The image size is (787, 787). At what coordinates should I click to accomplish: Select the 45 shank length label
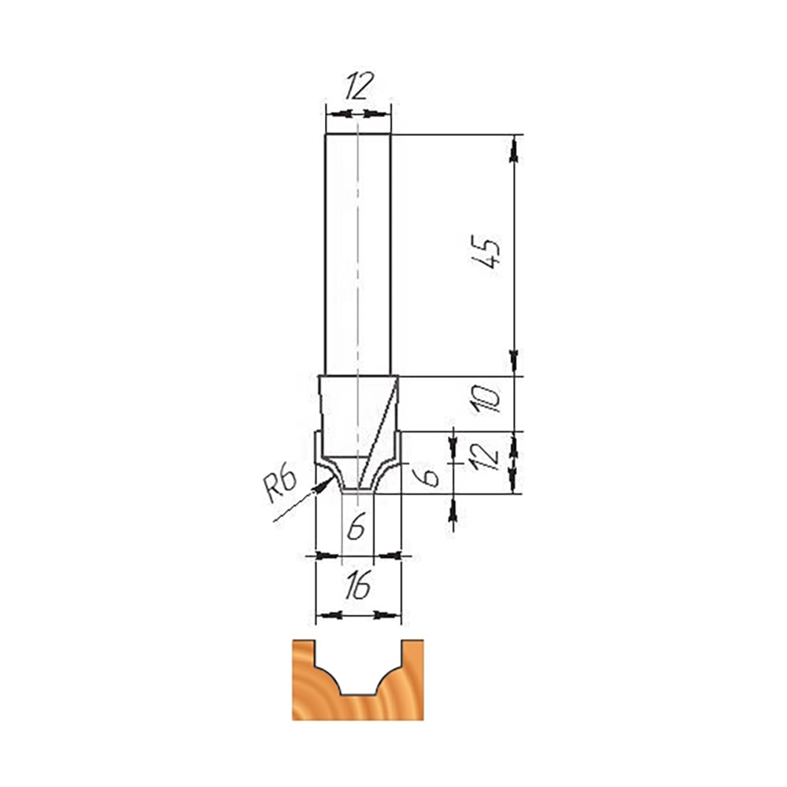(486, 251)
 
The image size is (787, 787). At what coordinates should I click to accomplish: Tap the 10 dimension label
(486, 399)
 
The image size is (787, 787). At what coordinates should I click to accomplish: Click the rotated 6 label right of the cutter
(429, 476)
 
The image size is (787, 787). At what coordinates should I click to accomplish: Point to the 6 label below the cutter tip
(357, 527)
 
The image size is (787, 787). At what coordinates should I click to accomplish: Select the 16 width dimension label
(358, 586)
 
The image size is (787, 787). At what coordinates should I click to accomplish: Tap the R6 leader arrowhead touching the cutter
(323, 484)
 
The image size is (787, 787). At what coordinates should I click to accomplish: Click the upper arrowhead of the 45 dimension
(514, 150)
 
